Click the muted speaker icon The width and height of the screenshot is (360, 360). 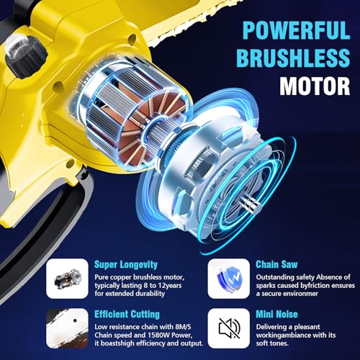point(229,329)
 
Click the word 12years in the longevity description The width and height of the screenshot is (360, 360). point(165,284)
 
